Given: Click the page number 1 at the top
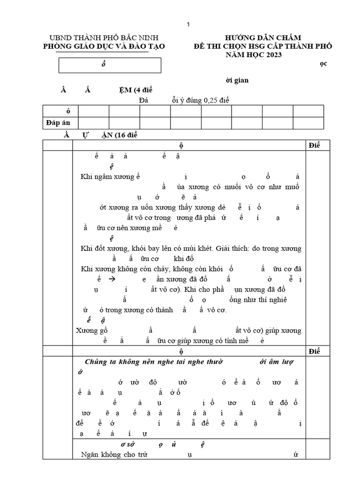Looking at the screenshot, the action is click(x=188, y=24).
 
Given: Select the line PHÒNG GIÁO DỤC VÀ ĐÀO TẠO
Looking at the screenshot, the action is click(x=104, y=46).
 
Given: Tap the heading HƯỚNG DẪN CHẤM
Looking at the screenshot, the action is click(x=262, y=37).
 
